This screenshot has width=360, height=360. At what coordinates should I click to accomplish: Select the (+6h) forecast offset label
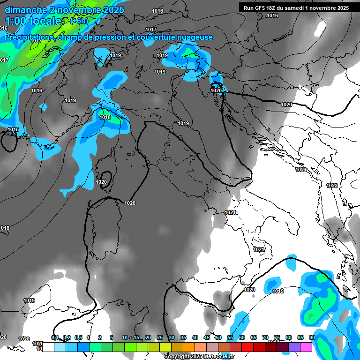pyautogui.click(x=79, y=21)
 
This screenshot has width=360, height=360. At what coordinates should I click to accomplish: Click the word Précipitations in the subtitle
pyautogui.click(x=29, y=37)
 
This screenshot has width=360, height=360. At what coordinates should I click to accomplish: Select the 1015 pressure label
pyautogui.click(x=13, y=129)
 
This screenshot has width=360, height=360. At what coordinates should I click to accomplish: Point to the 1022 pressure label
pyautogui.click(x=332, y=186)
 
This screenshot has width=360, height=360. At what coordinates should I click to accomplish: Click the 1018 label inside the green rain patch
pyautogui.click(x=105, y=117)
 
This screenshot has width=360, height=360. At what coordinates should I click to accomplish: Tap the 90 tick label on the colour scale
pyautogui.click(x=312, y=338)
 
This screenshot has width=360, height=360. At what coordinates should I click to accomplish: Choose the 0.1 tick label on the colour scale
pyautogui.click(x=55, y=338)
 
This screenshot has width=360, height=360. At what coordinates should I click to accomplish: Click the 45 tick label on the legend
pyautogui.click(x=207, y=338)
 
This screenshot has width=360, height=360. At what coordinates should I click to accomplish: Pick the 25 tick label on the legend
pyautogui.click(x=160, y=338)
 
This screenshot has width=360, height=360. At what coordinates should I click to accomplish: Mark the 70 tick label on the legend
pyautogui.click(x=265, y=338)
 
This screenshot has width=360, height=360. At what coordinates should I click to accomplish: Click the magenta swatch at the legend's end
pyautogui.click(x=306, y=347)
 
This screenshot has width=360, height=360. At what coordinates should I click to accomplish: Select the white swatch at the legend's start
pyautogui.click(x=48, y=347)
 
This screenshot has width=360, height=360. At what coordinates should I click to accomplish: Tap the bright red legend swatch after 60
pyautogui.click(x=247, y=347)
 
